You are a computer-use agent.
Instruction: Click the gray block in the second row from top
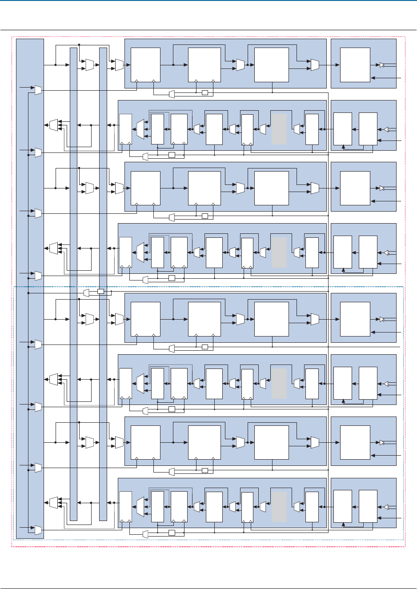(279, 129)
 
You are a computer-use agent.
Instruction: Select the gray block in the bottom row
(279, 506)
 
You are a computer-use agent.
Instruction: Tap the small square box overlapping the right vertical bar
(100, 292)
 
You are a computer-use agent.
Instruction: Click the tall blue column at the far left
(30, 289)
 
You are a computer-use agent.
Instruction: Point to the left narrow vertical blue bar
(73, 284)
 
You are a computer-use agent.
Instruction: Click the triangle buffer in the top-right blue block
(382, 65)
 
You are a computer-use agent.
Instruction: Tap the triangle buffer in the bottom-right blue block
(386, 507)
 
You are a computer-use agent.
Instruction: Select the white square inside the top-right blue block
(355, 65)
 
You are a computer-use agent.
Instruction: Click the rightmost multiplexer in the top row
(315, 65)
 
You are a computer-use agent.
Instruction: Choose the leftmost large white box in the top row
(145, 65)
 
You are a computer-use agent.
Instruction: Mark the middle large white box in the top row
(204, 65)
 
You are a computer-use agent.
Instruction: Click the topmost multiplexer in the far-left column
(38, 90)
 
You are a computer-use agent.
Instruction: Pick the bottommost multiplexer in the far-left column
(38, 530)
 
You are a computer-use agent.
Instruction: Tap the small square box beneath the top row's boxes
(204, 92)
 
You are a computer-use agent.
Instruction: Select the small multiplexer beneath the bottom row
(145, 534)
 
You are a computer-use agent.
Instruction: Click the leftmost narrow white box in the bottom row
(126, 507)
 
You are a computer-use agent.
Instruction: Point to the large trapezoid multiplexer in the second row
(140, 129)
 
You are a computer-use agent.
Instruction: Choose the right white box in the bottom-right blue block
(368, 506)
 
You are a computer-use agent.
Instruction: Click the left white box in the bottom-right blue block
(342, 506)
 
